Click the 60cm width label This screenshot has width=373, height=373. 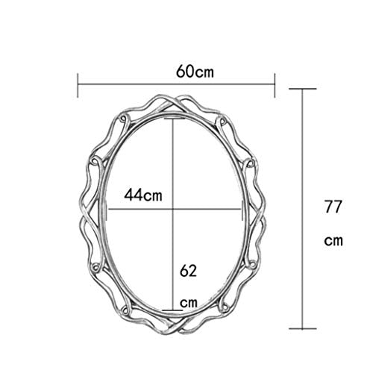pos(195,72)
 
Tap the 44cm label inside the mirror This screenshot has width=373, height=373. pos(143,195)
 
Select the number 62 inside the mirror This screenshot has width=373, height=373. pos(188,271)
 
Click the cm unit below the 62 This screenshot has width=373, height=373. pos(189,303)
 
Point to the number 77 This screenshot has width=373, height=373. pos(333,207)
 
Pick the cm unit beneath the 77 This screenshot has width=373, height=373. pos(333,241)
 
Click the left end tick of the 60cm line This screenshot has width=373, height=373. pos(78,85)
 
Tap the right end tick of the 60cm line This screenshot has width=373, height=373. pos(275,85)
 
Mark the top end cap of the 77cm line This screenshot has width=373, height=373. pos(302,89)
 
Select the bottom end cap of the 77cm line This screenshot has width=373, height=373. pos(302,328)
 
